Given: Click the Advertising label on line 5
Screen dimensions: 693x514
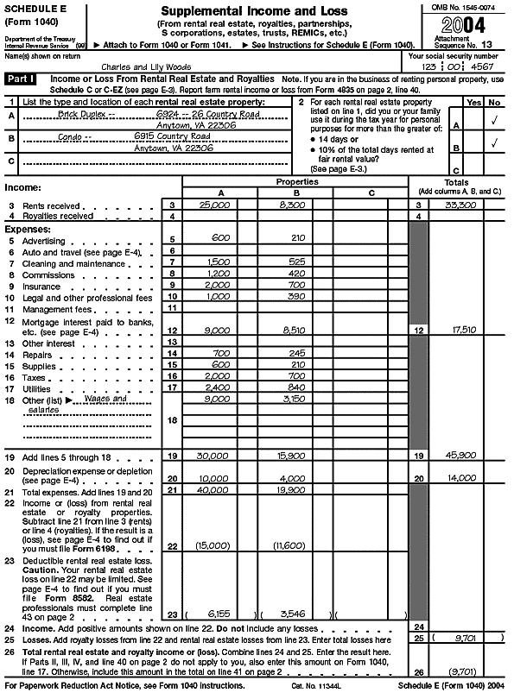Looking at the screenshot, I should point(42,240).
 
